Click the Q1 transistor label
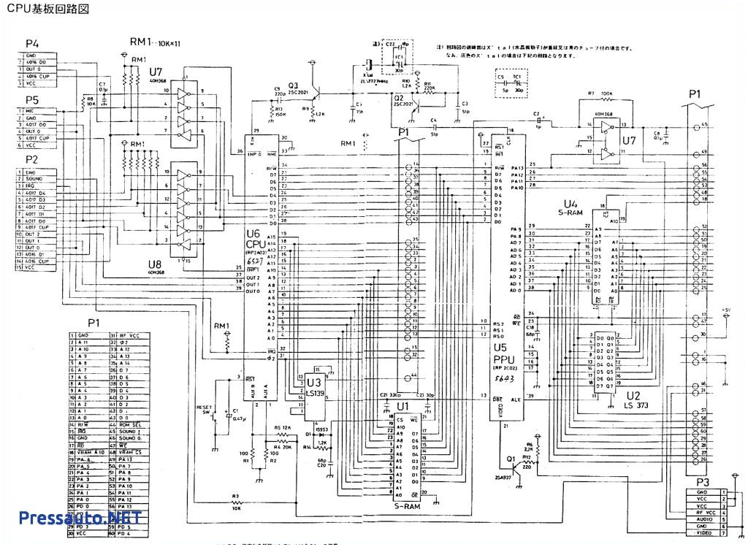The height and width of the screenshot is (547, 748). [511, 461]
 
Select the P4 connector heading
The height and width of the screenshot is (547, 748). [31, 44]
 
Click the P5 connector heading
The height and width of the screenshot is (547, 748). [31, 99]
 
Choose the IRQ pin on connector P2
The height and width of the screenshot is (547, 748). [32, 186]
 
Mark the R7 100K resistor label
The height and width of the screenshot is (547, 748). [599, 93]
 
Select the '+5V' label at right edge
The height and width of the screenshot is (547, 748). [726, 310]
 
